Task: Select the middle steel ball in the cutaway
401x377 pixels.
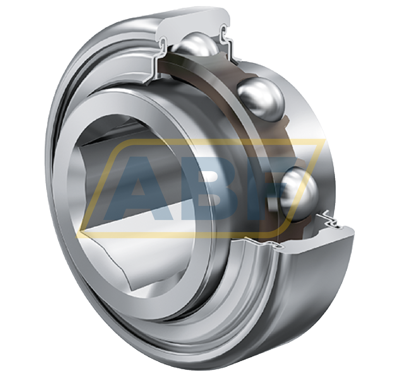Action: (261, 99)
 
